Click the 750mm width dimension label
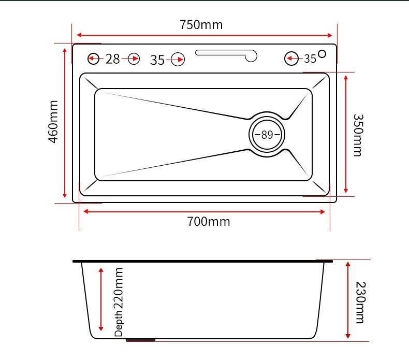[201, 25]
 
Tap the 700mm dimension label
[209, 222]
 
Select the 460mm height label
[53, 122]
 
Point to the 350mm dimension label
[358, 135]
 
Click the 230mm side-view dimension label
[361, 303]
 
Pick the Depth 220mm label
[119, 302]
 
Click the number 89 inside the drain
[267, 135]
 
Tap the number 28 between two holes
[113, 59]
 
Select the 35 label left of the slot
[157, 60]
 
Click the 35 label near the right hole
[310, 59]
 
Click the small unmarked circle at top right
[322, 54]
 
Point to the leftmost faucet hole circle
[93, 59]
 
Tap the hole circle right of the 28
[134, 59]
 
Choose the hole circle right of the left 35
[178, 60]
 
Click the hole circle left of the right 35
[291, 59]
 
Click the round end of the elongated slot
[252, 56]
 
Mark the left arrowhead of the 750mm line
[79, 35]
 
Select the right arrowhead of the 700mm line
[322, 212]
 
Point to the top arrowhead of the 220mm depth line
[101, 270]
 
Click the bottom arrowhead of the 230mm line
[348, 336]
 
